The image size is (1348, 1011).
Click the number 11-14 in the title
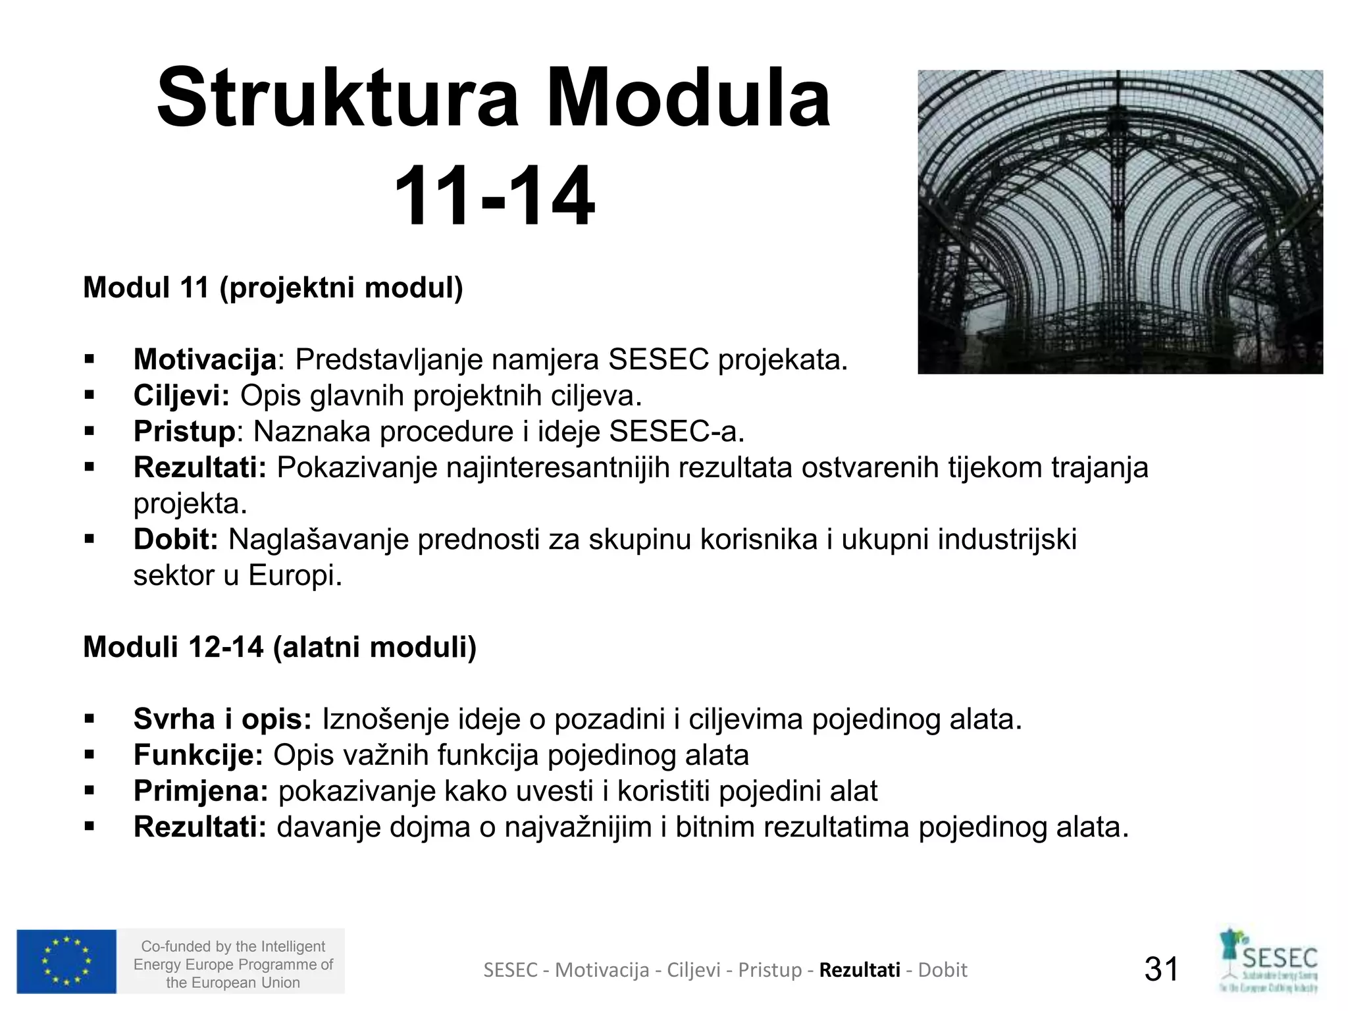pyautogui.click(x=494, y=196)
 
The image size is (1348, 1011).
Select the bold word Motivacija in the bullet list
pyautogui.click(x=205, y=359)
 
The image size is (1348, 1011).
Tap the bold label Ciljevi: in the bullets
pyautogui.click(x=182, y=396)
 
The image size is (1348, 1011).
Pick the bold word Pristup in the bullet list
pyautogui.click(x=184, y=432)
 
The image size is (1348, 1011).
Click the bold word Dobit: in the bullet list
pyautogui.click(x=176, y=540)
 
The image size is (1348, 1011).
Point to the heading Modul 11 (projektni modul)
pyautogui.click(x=273, y=288)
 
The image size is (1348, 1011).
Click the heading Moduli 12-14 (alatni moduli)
pyautogui.click(x=280, y=647)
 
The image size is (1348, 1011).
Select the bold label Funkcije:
pyautogui.click(x=198, y=755)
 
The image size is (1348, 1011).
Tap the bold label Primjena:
pyautogui.click(x=201, y=791)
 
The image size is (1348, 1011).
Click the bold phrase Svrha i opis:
pyautogui.click(x=222, y=719)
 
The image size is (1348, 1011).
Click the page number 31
pyautogui.click(x=1162, y=969)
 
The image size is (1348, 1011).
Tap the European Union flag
pyautogui.click(x=66, y=961)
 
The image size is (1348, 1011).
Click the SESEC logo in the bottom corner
pyautogui.click(x=1268, y=961)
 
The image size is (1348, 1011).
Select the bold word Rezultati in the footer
pyautogui.click(x=860, y=970)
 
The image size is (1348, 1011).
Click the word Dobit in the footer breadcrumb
pyautogui.click(x=943, y=970)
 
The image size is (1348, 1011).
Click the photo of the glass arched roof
pyautogui.click(x=1120, y=222)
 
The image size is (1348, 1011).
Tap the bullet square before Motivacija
pyautogui.click(x=90, y=360)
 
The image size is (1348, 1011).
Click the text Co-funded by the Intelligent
pyautogui.click(x=233, y=946)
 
